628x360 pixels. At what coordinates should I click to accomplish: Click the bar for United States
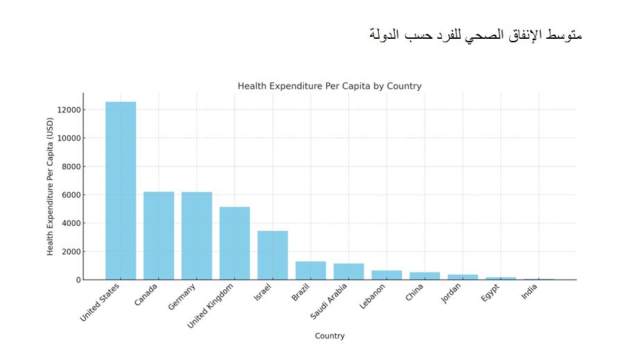point(121,191)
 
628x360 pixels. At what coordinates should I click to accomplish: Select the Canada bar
point(159,236)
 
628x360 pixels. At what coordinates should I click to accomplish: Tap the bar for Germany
point(196,236)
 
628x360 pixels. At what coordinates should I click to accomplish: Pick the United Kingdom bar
point(235,243)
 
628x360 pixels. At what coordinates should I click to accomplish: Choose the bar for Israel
point(273,255)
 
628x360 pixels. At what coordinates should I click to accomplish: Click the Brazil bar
point(310,271)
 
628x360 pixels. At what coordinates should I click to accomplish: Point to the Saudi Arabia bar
point(348,272)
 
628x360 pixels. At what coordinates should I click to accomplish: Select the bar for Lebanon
point(387,275)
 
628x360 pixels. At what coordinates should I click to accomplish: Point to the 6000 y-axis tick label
point(69,195)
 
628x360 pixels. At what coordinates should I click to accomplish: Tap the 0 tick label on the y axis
point(78,280)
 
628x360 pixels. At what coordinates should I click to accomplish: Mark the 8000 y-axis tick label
point(69,166)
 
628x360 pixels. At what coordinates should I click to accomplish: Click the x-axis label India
point(529,294)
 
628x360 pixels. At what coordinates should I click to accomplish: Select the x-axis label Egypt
point(490,295)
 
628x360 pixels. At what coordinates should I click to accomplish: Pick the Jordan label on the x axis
point(450,296)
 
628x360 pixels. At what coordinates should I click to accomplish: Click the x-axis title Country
point(330,336)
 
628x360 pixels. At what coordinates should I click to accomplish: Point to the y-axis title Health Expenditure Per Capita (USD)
point(51,187)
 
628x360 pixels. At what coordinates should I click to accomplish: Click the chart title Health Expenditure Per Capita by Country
point(330,87)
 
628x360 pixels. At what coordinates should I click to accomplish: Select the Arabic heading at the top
point(475,35)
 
